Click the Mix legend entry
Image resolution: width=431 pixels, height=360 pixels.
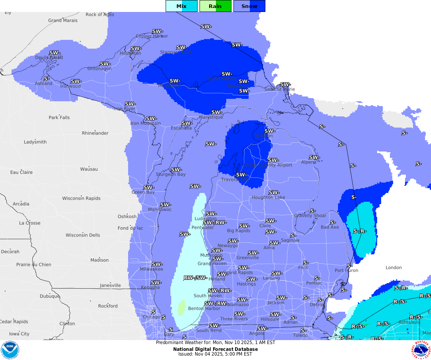click(182, 6)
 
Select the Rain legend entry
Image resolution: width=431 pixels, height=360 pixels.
click(215, 6)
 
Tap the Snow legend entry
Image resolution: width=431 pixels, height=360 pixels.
click(249, 6)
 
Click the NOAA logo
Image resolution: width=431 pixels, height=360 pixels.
click(10, 350)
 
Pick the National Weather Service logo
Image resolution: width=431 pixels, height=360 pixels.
click(421, 350)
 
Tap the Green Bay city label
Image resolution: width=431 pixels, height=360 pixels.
click(143, 192)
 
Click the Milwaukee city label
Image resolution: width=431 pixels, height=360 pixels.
click(151, 269)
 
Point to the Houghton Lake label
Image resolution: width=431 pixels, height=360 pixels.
click(268, 197)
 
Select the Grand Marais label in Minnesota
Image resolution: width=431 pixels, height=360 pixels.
click(63, 20)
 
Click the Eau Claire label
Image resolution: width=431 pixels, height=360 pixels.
click(22, 172)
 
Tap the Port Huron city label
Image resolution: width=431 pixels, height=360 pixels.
click(346, 270)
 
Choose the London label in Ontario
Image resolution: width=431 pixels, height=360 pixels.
click(393, 268)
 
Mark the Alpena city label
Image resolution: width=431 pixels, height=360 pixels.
click(309, 162)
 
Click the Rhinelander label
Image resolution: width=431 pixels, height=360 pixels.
click(95, 133)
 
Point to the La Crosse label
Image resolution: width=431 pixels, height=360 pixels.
click(30, 223)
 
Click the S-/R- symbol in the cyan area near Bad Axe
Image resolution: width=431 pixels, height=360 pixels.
click(360, 231)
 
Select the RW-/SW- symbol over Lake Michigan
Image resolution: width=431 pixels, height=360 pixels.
click(195, 277)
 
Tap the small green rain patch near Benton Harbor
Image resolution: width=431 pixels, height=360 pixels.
click(181, 307)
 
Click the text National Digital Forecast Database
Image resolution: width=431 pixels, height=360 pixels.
click(215, 349)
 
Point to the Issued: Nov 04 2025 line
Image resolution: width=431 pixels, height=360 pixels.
click(215, 354)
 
